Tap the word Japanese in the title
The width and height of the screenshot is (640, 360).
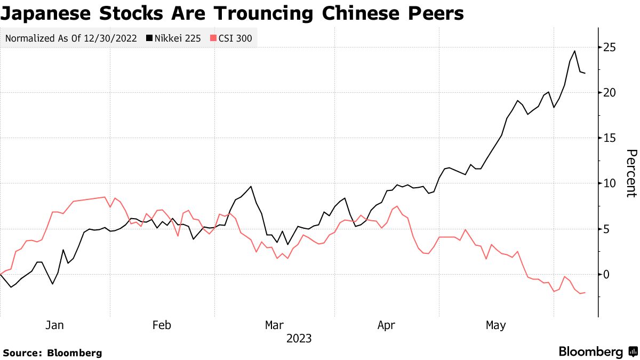click(48, 13)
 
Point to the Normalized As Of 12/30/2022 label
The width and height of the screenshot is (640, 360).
click(70, 38)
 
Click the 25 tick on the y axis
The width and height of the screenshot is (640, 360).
click(610, 47)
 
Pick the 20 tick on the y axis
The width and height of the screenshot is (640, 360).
click(610, 93)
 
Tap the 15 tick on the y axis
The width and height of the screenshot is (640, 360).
click(610, 138)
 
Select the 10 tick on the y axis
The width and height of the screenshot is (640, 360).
click(610, 183)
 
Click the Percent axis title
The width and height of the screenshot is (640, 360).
click(631, 173)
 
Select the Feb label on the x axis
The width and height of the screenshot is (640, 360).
click(162, 325)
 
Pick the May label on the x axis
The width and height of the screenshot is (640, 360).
click(496, 325)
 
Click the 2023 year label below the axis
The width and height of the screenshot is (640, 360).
click(299, 339)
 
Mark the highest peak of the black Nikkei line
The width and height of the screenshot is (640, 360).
click(575, 51)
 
